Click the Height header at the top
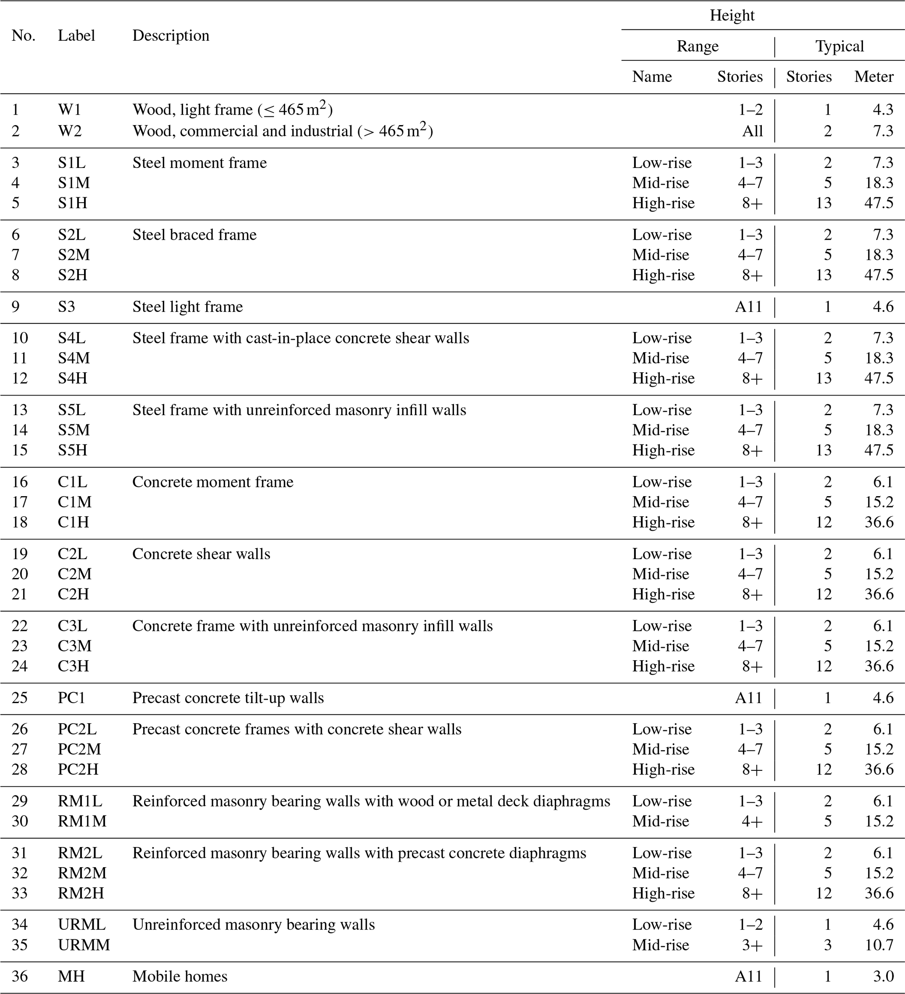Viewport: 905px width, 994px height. [732, 15]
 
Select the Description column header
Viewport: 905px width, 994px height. [171, 35]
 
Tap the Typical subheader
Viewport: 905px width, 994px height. [839, 46]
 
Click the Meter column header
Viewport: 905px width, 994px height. [873, 77]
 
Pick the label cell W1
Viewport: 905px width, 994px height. [69, 109]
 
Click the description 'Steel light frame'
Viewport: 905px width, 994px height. [187, 307]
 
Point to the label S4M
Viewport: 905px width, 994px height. [74, 358]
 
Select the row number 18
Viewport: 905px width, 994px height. [20, 522]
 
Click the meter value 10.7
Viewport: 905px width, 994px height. [879, 945]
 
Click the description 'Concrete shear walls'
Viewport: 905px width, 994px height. [201, 554]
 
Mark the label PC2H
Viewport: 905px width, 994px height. [78, 769]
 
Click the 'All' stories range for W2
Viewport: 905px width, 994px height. [752, 131]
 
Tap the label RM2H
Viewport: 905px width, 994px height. [81, 893]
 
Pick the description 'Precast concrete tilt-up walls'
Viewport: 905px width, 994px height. [228, 698]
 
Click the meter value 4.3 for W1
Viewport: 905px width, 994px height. [883, 109]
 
